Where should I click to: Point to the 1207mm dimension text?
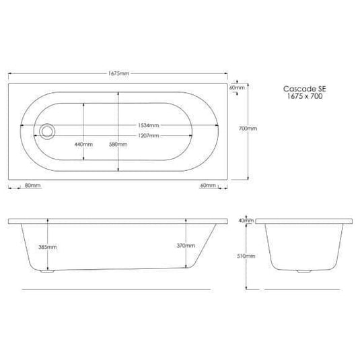[149, 136]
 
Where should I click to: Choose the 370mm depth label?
[185, 246]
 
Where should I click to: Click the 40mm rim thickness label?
[246, 220]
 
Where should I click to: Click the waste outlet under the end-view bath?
[307, 272]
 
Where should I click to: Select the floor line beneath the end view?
[307, 289]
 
